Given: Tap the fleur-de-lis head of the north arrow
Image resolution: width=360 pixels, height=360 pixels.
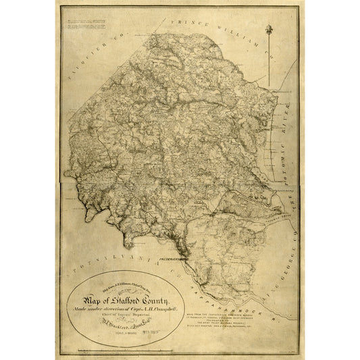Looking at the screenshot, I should (270, 29).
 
